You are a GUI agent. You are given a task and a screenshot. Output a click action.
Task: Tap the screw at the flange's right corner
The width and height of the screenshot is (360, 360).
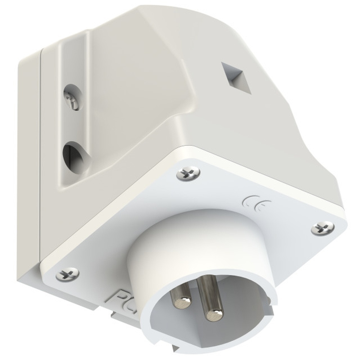322,228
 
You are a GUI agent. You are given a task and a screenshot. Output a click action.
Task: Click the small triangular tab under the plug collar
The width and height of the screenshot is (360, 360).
175,349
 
